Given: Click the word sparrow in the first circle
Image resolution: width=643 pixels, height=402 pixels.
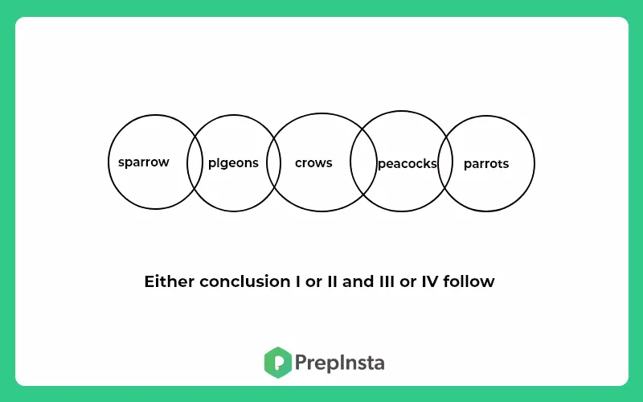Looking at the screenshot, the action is (x=144, y=162).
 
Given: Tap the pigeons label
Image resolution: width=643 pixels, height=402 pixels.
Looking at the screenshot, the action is (x=233, y=163).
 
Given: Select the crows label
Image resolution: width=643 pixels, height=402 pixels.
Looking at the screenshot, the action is (x=313, y=163).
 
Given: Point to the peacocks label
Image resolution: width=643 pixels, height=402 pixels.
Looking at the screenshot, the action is (x=408, y=164).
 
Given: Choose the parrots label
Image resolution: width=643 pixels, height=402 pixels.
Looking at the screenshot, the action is (x=486, y=164).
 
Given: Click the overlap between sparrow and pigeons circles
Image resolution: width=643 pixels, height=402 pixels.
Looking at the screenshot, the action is (x=195, y=162).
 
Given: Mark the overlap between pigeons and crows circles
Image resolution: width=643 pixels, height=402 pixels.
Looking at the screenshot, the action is (x=273, y=163).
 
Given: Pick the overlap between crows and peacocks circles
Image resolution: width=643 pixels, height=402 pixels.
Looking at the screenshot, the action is (x=363, y=162).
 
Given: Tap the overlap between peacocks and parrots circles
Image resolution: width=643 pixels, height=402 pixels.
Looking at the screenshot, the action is (x=445, y=164).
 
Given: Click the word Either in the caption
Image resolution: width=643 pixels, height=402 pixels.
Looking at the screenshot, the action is (x=169, y=281).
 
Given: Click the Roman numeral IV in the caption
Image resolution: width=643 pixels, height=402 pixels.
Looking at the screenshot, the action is (x=429, y=281).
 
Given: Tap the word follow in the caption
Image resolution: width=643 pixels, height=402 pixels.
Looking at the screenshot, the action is (x=469, y=281).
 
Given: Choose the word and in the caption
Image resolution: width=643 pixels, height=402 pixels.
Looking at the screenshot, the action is (x=358, y=281).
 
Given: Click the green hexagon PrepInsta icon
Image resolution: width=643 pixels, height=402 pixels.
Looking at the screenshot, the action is (x=278, y=363).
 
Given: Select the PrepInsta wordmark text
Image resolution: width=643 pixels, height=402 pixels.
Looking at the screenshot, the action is (x=339, y=363).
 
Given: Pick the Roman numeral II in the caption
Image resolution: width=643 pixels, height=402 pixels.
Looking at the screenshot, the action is (x=333, y=281).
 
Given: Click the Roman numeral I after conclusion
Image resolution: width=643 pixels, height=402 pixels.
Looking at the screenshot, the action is (x=298, y=281).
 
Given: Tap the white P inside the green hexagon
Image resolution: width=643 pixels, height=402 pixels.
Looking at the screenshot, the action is (x=278, y=363).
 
